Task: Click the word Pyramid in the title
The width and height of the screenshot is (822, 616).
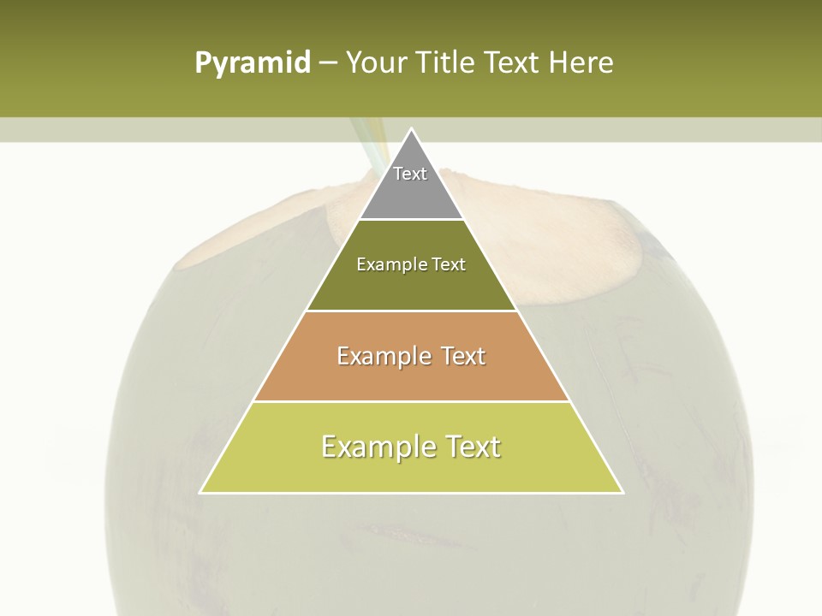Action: click(x=252, y=63)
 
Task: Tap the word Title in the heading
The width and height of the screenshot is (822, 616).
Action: click(x=450, y=62)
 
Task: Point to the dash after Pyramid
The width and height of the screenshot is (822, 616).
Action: click(x=327, y=63)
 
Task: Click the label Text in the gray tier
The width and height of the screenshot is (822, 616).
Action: click(x=410, y=174)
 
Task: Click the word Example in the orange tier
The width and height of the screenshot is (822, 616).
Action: click(x=382, y=356)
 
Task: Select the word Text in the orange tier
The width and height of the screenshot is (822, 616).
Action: click(x=463, y=356)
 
